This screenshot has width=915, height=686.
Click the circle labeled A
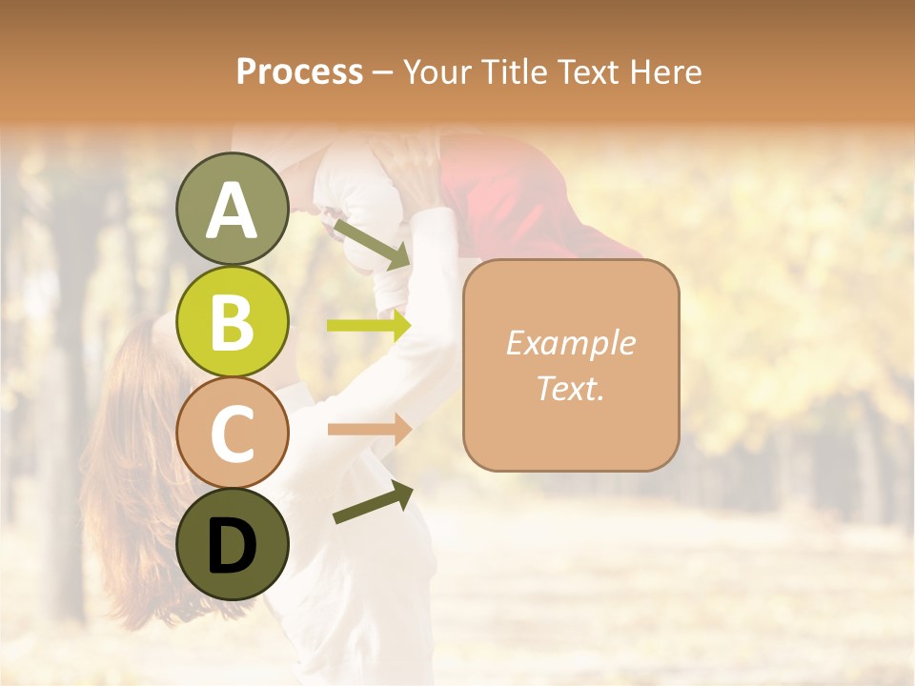click(x=232, y=209)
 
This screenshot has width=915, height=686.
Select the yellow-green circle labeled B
click(x=232, y=321)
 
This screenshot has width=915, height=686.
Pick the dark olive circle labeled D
click(x=232, y=544)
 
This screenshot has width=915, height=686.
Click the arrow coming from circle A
click(x=371, y=243)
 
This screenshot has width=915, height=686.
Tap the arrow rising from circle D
click(x=373, y=502)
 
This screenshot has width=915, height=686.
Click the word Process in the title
click(x=299, y=71)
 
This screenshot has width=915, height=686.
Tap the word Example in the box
click(x=570, y=343)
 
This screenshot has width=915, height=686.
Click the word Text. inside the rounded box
click(x=570, y=388)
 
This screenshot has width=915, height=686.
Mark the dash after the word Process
click(x=383, y=72)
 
